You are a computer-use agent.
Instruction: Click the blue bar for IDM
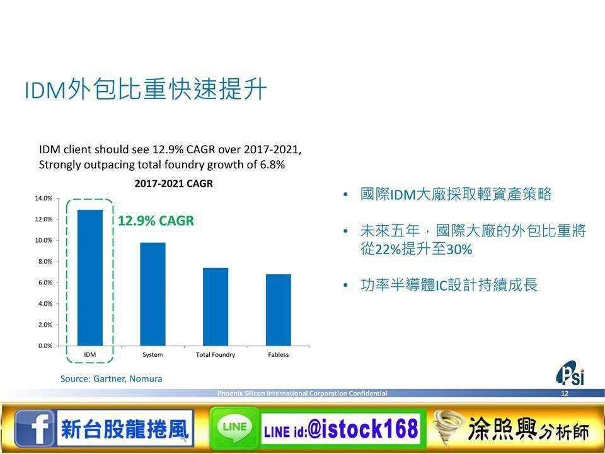pyautogui.click(x=90, y=277)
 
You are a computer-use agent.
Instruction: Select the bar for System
pyautogui.click(x=153, y=294)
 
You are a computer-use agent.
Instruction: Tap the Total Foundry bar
pyautogui.click(x=216, y=306)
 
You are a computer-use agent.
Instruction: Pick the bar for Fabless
pyautogui.click(x=278, y=310)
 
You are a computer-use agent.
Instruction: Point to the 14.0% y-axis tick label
pyautogui.click(x=43, y=199)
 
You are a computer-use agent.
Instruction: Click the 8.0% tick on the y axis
pyautogui.click(x=45, y=262)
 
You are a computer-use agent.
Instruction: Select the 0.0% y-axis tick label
pyautogui.click(x=45, y=346)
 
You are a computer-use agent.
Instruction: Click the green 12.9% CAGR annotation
pyautogui.click(x=156, y=221)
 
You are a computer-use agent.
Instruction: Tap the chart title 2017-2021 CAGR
pyautogui.click(x=174, y=183)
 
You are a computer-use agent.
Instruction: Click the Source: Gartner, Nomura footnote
pyautogui.click(x=111, y=379)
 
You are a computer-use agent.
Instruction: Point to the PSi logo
pyautogui.click(x=570, y=373)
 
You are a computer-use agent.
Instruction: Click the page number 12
pyautogui.click(x=565, y=393)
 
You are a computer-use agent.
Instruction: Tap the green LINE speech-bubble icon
pyautogui.click(x=234, y=428)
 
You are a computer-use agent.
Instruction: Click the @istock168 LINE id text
pyautogui.click(x=363, y=429)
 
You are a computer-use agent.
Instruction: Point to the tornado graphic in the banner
pyautogui.click(x=448, y=428)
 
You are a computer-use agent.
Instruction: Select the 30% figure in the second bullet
pyautogui.click(x=459, y=250)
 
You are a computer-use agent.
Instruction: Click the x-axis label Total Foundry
pyautogui.click(x=216, y=354)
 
